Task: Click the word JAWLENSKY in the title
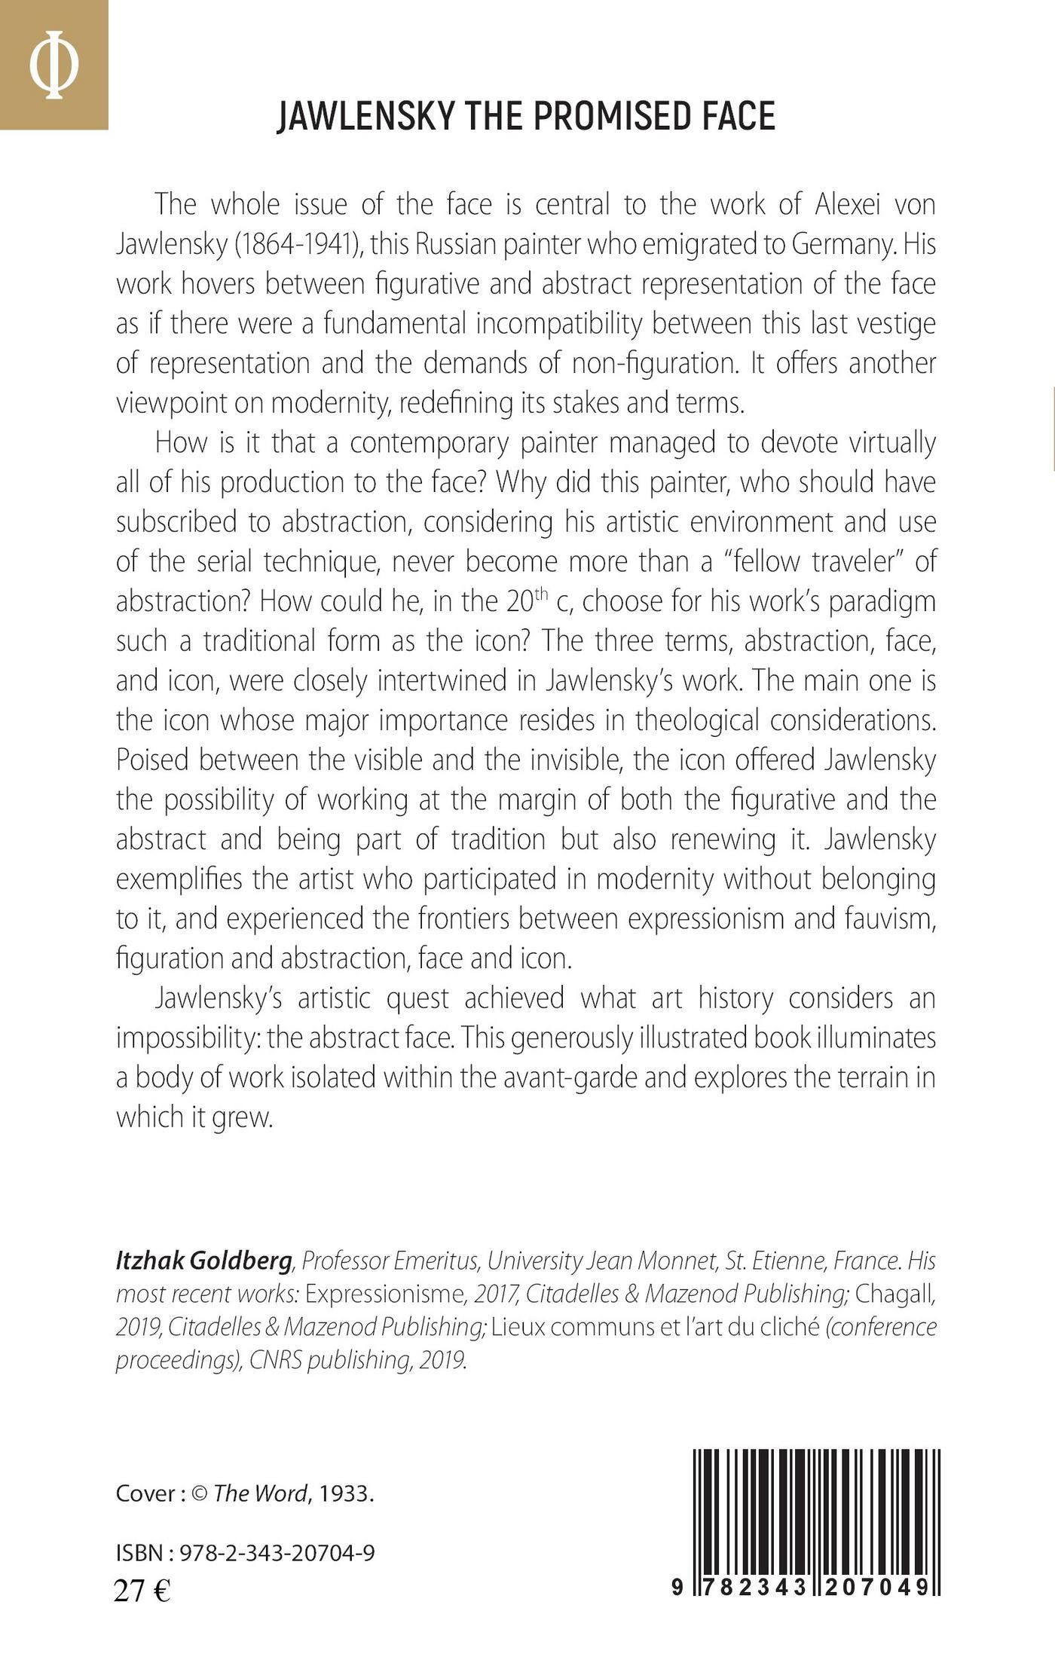pos(365,117)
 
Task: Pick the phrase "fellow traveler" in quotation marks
pos(789,561)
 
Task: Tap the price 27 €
pos(142,1591)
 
